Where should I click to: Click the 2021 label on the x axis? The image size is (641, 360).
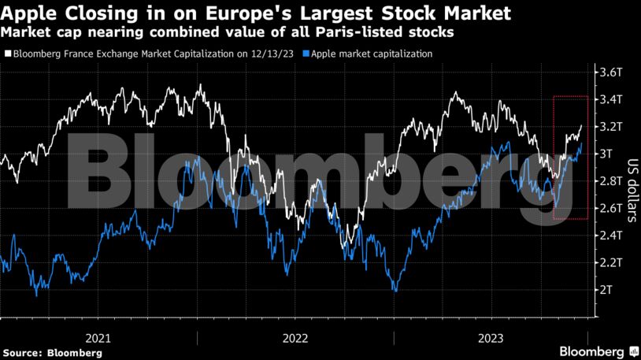(98, 338)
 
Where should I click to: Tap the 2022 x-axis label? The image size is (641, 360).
(295, 338)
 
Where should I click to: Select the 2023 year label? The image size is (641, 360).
(491, 338)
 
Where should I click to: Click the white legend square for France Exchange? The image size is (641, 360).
(8, 54)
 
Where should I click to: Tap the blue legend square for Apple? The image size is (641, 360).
(307, 54)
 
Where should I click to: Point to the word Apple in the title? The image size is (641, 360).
(28, 13)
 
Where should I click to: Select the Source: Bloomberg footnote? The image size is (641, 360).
(52, 353)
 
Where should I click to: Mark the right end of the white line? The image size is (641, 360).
(582, 125)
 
